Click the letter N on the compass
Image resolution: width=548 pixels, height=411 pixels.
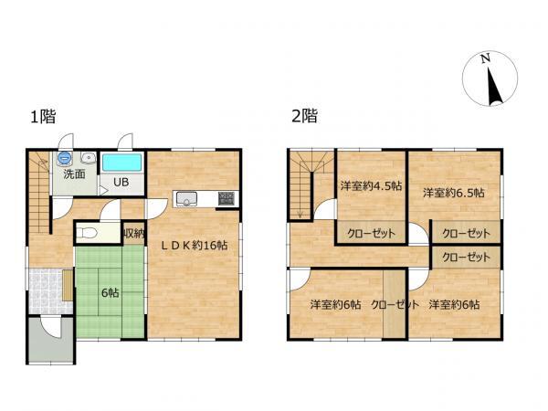pyautogui.click(x=485, y=58)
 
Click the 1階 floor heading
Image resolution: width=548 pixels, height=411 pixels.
pyautogui.click(x=43, y=116)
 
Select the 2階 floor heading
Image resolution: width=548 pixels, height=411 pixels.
pyautogui.click(x=304, y=116)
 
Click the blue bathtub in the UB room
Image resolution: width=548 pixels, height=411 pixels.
pyautogui.click(x=122, y=163)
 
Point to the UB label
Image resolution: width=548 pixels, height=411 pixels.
pyautogui.click(x=121, y=182)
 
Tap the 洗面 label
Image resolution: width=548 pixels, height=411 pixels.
pyautogui.click(x=75, y=174)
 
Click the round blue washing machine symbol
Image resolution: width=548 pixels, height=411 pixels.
pyautogui.click(x=65, y=158)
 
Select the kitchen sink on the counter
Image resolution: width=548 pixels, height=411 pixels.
pyautogui.click(x=186, y=199)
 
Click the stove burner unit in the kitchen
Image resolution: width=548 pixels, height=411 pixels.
pyautogui.click(x=227, y=199)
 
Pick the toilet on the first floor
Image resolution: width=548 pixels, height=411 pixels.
pyautogui.click(x=87, y=232)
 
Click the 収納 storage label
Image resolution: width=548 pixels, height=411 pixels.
pyautogui.click(x=134, y=233)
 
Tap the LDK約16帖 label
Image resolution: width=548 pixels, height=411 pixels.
pyautogui.click(x=194, y=246)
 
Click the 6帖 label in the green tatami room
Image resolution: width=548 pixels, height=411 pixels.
pyautogui.click(x=111, y=292)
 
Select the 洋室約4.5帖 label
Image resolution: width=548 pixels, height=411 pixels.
pyautogui.click(x=371, y=185)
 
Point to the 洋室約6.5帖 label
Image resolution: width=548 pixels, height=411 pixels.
pyautogui.click(x=454, y=193)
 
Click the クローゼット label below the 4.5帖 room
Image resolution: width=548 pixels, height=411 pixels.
pyautogui.click(x=371, y=233)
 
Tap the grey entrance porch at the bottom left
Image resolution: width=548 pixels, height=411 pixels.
pyautogui.click(x=51, y=340)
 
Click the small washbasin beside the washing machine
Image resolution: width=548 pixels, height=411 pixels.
pyautogui.click(x=89, y=158)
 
